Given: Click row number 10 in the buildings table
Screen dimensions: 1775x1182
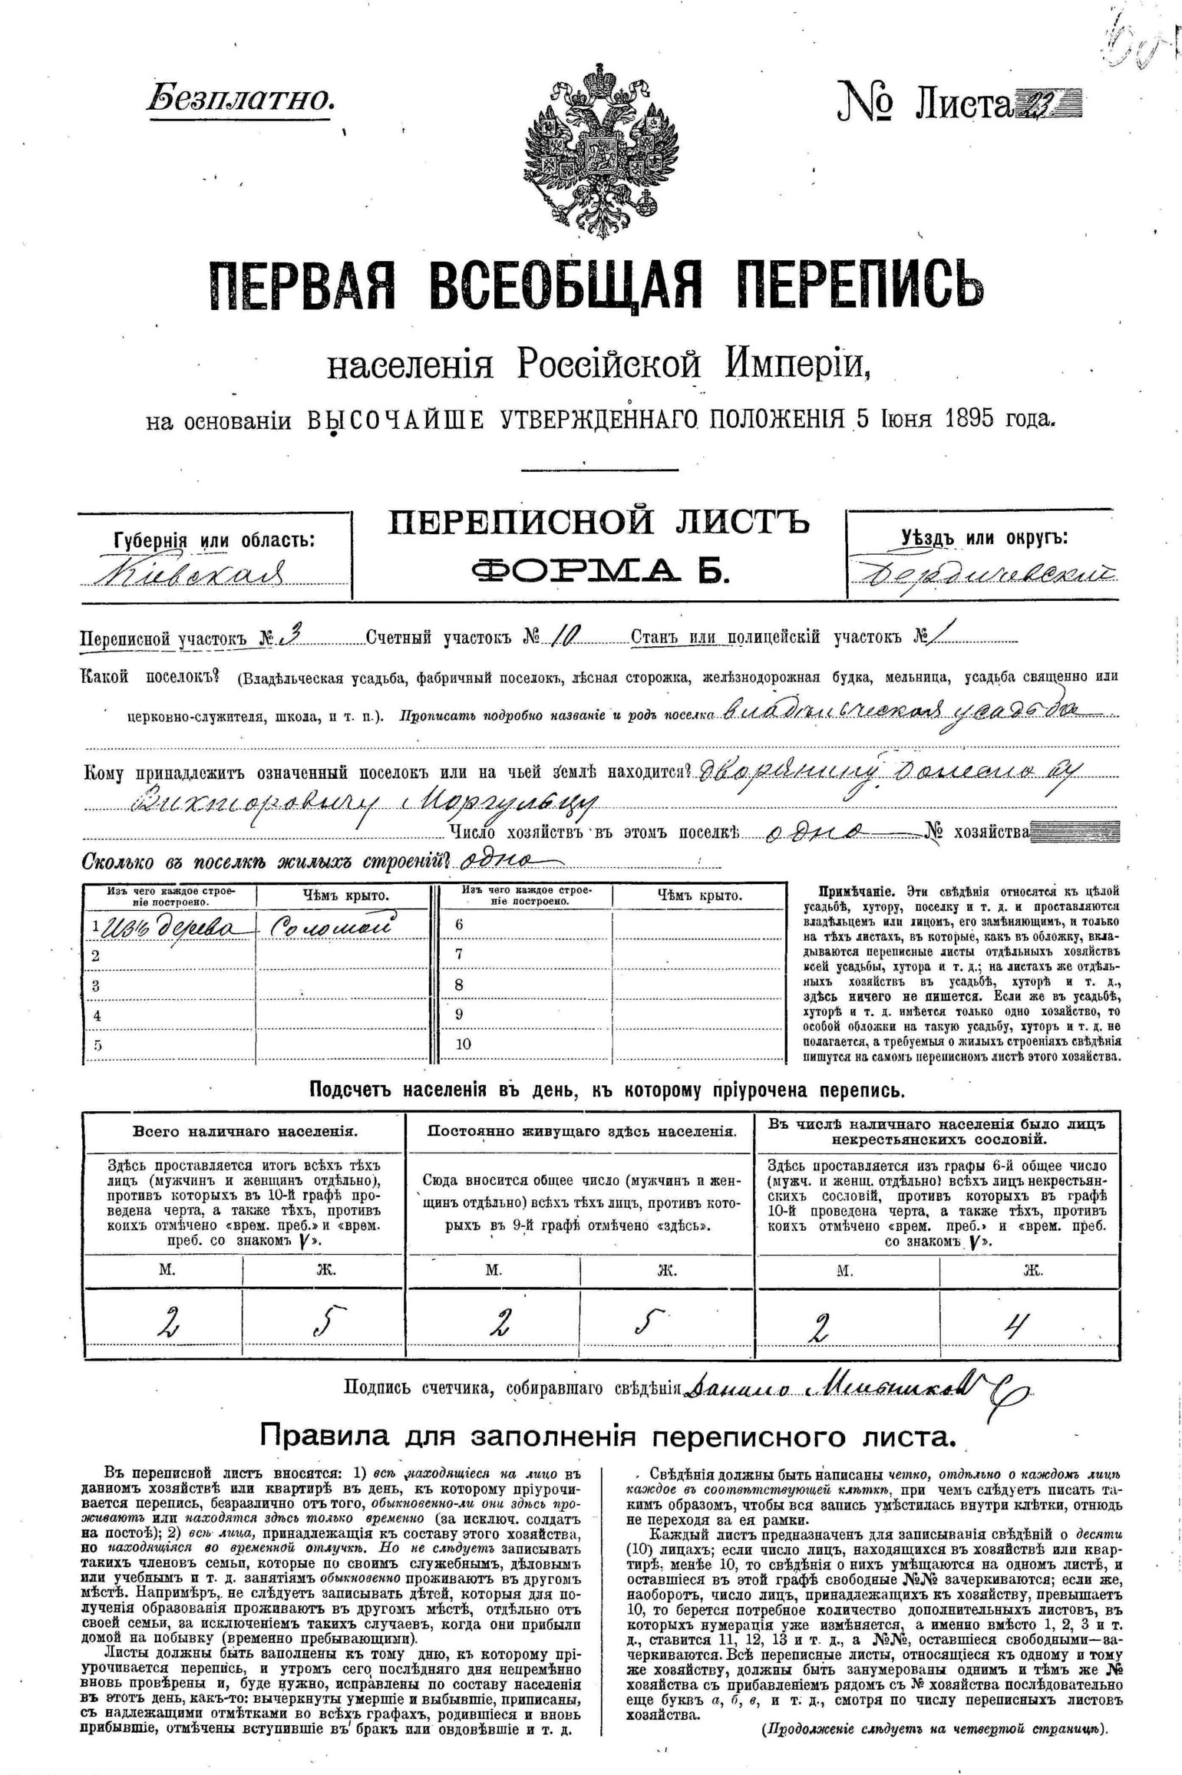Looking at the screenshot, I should [x=464, y=1044].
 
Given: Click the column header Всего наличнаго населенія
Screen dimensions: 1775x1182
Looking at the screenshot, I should [x=245, y=1131].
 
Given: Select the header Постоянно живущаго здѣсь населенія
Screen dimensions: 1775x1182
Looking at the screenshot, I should [x=581, y=1131].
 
